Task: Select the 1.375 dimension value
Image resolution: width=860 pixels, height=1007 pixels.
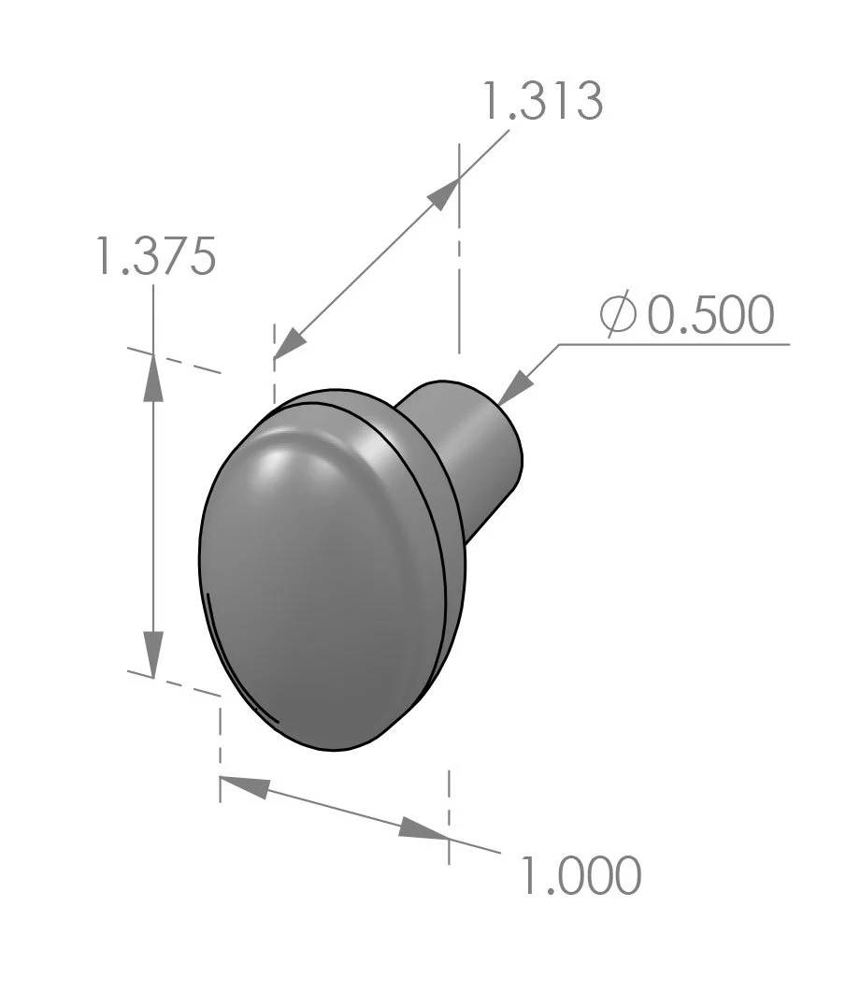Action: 156,256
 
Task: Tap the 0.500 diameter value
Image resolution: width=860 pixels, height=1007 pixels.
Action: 710,316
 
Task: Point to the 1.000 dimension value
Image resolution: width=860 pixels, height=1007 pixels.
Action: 580,876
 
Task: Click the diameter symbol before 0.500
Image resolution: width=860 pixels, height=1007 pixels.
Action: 617,315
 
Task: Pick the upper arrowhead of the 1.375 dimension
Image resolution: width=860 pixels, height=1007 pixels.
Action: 153,379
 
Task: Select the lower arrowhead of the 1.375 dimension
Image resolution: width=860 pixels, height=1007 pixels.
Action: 153,653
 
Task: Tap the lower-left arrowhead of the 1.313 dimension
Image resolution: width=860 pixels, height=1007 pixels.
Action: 289,343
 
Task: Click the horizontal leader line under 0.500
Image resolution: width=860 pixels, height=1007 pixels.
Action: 673,344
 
